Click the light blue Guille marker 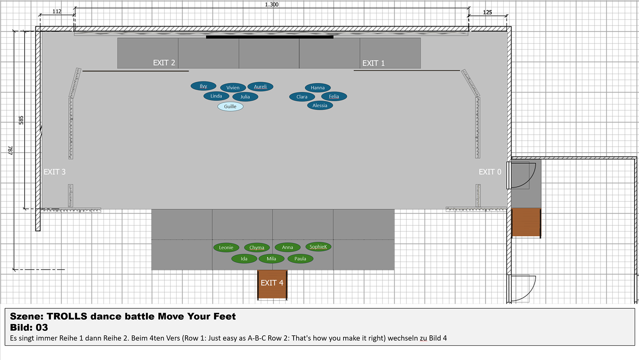pos(230,107)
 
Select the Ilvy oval pos(203,86)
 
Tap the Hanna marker pos(318,88)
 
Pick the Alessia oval pos(320,106)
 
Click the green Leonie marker pos(226,247)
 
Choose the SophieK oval pos(318,247)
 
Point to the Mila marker pos(272,259)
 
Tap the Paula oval pos(300,259)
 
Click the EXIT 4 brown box pos(272,284)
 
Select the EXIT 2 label pos(164,63)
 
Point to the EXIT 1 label pos(373,63)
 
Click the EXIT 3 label pos(55,172)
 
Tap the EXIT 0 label pos(490,172)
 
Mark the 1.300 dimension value pos(272,4)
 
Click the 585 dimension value pos(21,120)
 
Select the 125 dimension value pos(487,12)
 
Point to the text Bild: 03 pos(29,327)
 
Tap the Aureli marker pos(260,87)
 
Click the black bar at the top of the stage pos(270,37)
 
